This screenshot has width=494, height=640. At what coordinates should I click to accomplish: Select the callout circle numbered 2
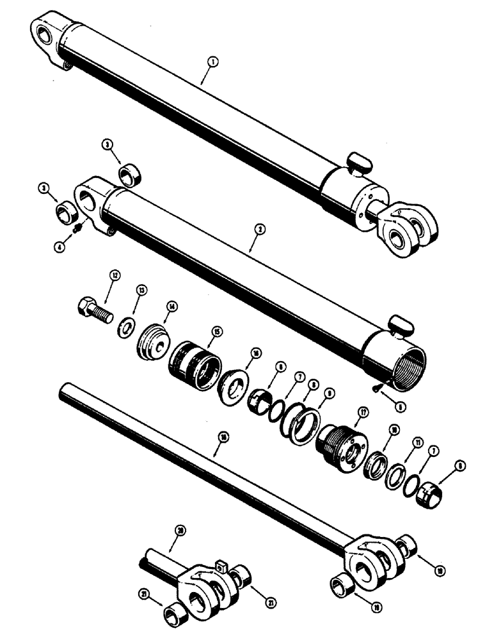pyautogui.click(x=255, y=228)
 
